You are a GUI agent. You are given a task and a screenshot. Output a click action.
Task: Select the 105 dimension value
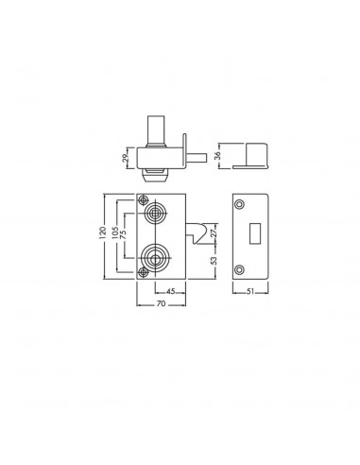coord(115,232)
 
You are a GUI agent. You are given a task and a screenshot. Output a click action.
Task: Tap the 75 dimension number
coord(123,234)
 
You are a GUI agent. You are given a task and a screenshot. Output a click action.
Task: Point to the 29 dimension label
coord(126,158)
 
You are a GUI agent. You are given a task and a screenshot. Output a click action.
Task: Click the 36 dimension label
coord(217,156)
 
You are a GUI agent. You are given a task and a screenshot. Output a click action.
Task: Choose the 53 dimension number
coord(214,260)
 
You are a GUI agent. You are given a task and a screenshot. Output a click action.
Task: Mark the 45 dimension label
coord(170,291)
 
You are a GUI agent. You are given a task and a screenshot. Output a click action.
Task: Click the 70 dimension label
coord(161,303)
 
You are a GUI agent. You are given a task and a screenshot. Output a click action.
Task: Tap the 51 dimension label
coord(249,292)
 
